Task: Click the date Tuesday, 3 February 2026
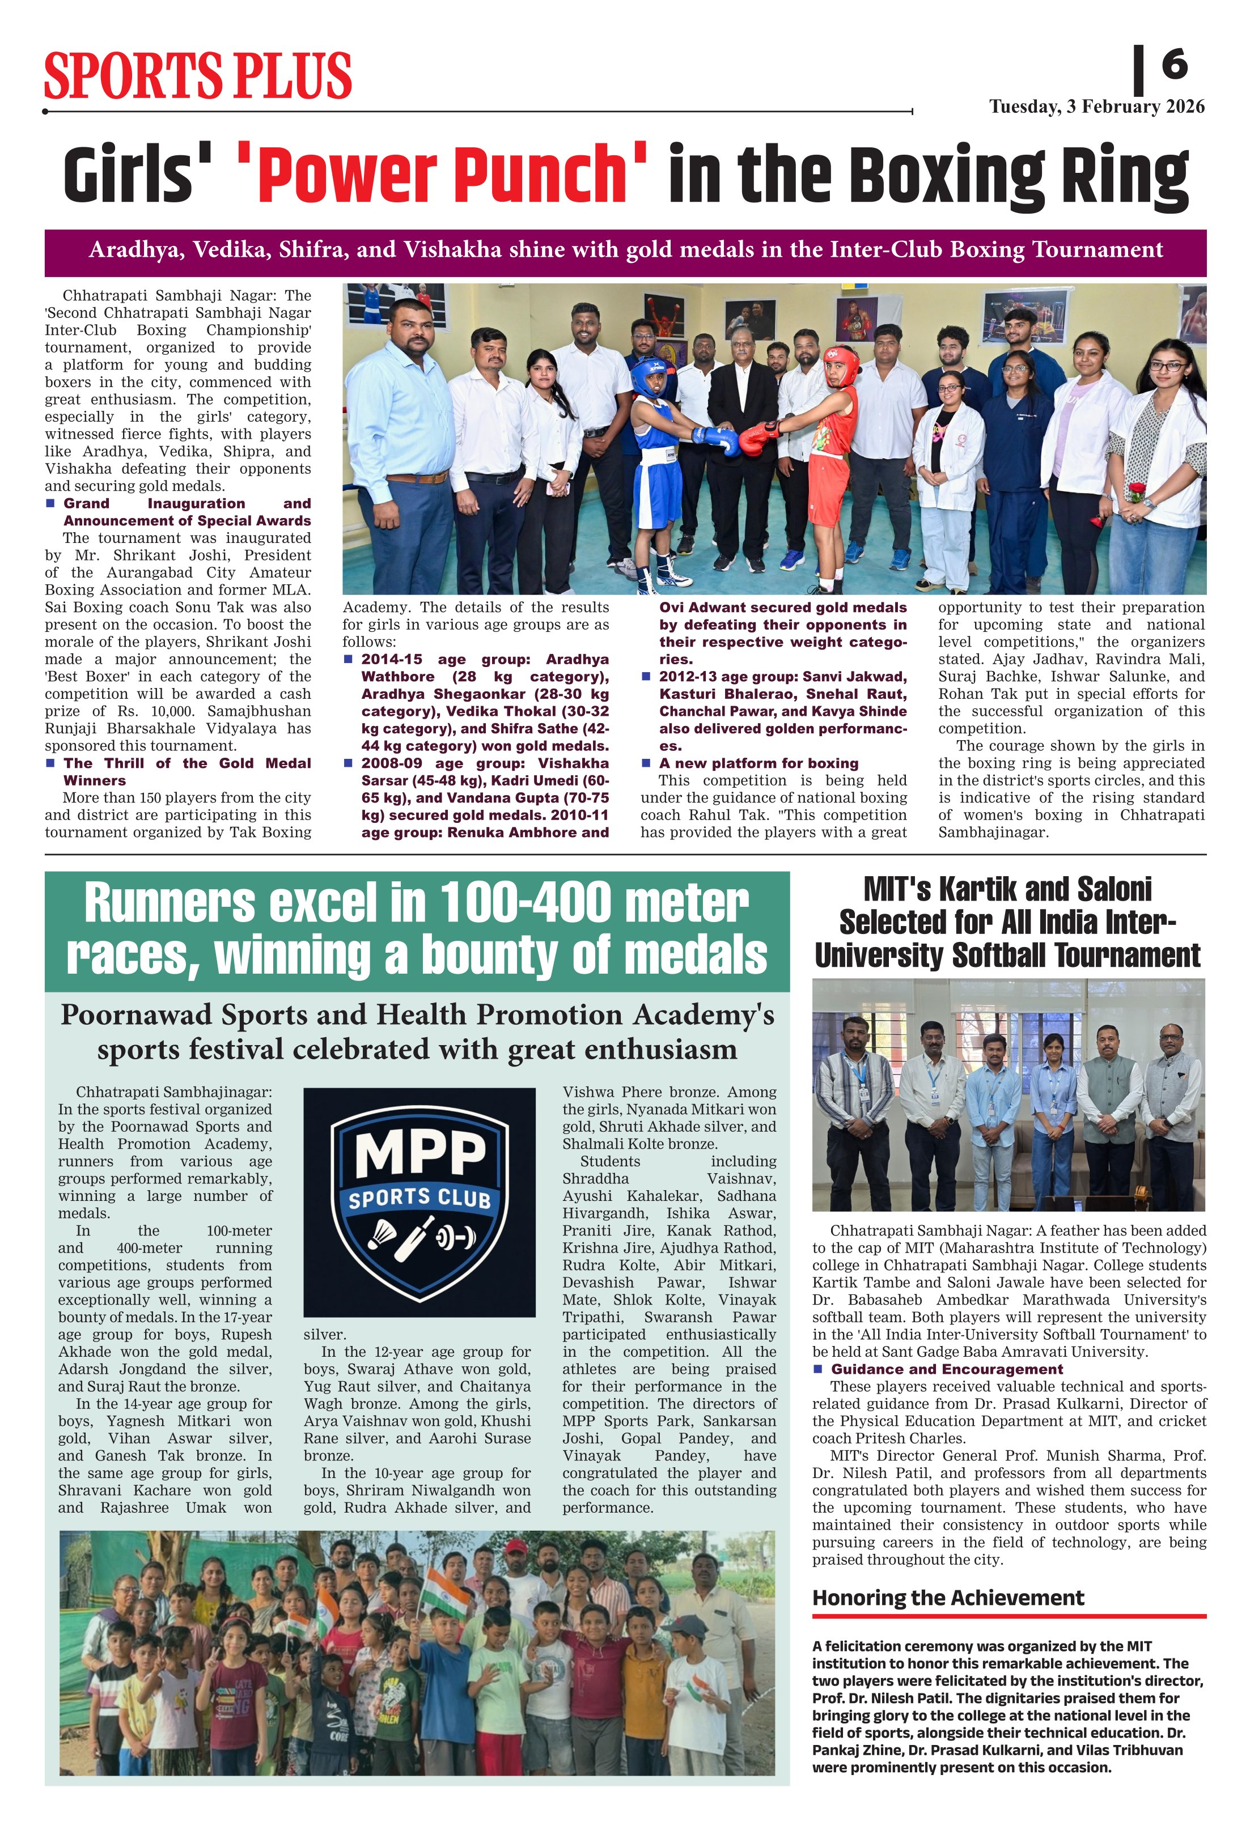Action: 1096,107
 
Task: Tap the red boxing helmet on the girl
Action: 841,364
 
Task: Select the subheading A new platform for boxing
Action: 759,763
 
